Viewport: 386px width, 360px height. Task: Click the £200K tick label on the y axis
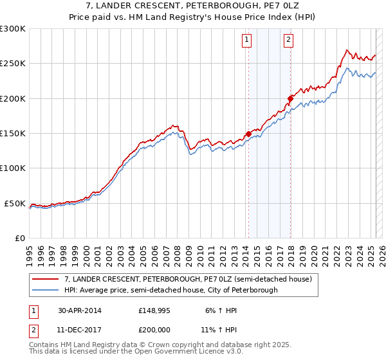tap(13, 98)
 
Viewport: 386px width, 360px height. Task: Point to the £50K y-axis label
tap(15, 203)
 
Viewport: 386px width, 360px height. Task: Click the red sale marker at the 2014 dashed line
tap(248, 134)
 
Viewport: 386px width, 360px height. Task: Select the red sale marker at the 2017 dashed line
tap(290, 98)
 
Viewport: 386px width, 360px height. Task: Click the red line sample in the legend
tap(46, 279)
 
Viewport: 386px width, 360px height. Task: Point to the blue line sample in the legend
tap(46, 290)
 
